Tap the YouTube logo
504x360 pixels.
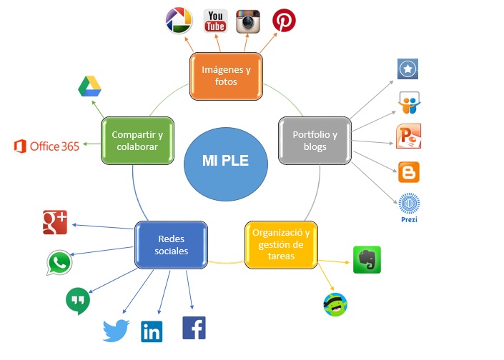[214, 21]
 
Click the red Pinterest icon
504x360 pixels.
[284, 20]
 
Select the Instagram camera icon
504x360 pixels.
[248, 21]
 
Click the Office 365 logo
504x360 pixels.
[46, 146]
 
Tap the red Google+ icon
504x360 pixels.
[55, 223]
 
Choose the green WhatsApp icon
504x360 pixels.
[59, 263]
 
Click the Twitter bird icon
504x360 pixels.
[115, 331]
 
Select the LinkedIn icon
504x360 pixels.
[152, 331]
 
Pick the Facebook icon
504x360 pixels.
[194, 328]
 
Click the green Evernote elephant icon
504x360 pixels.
[367, 259]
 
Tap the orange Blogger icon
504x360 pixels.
[408, 172]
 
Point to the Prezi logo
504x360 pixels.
[409, 207]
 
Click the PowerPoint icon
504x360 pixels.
[407, 136]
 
